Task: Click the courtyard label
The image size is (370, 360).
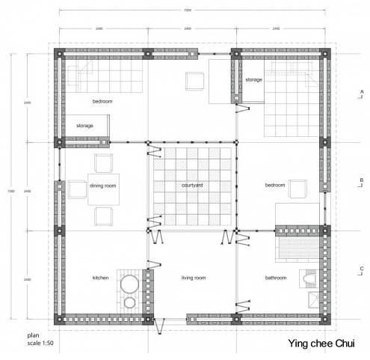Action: pos(194,185)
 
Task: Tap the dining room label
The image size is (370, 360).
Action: pos(102,185)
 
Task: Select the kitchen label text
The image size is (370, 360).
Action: pos(100,278)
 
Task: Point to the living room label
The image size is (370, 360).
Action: pos(194,278)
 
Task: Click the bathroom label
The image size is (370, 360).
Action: pos(277,278)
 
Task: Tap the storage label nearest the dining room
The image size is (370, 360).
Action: pos(85,126)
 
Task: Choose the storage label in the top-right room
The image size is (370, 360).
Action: pos(254,79)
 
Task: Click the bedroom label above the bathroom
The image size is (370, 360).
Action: pos(274,185)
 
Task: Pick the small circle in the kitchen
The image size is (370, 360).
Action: pos(130,302)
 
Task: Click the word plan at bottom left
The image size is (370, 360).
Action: pos(32,336)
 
